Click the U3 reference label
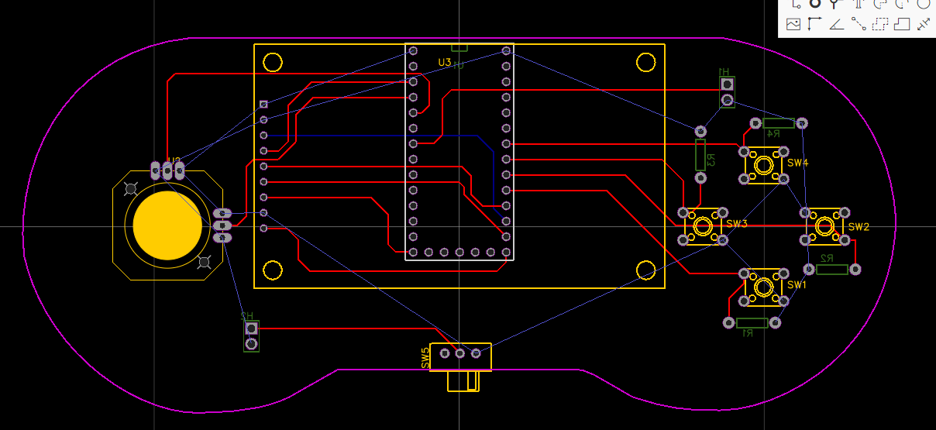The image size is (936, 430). tap(444, 62)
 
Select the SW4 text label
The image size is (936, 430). tap(797, 163)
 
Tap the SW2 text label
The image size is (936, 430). tap(859, 227)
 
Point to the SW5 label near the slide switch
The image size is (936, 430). tap(425, 357)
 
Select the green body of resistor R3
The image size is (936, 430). tap(700, 155)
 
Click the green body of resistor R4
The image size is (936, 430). tap(779, 123)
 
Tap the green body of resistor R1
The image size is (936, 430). tap(752, 322)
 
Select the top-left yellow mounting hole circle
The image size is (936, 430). tap(272, 62)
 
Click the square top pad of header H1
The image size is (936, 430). tap(727, 84)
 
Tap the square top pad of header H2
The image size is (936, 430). tap(251, 329)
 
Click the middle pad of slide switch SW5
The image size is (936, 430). tap(460, 353)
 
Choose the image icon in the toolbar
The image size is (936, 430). tap(793, 24)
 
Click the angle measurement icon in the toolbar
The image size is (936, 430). tap(836, 24)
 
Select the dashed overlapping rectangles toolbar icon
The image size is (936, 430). tap(879, 24)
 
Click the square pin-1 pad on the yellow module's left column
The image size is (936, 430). tap(264, 104)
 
